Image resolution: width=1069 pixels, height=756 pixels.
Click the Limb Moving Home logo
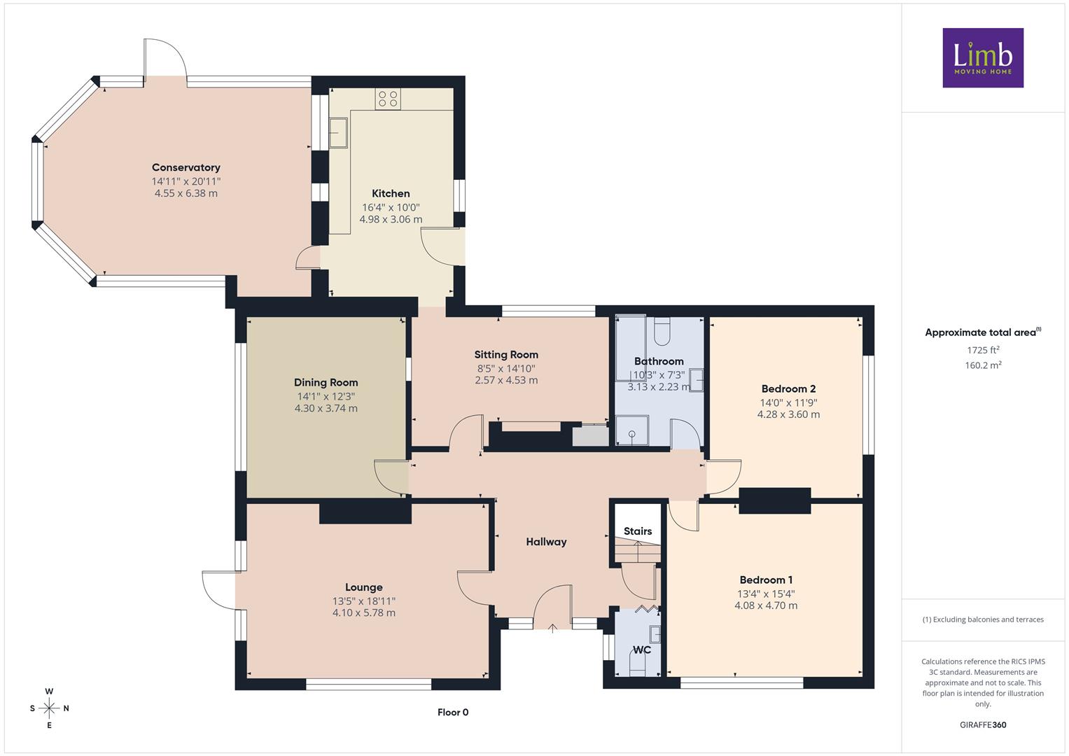pos(983,57)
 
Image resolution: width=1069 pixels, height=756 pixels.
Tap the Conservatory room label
pos(186,167)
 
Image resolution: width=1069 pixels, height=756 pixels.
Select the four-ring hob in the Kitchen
pos(388,99)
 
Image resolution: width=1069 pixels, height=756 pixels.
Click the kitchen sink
pos(338,132)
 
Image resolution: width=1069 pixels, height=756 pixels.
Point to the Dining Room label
pos(326,382)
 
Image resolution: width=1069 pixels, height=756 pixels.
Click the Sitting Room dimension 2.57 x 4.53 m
pos(506,380)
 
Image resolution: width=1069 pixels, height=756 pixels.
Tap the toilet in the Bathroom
pos(662,330)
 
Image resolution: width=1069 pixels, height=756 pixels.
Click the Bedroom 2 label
pos(789,388)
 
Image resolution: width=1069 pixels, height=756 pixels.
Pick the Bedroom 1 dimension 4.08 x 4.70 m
pos(766,605)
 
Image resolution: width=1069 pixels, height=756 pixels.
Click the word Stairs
pos(638,531)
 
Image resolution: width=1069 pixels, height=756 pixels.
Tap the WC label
pos(641,650)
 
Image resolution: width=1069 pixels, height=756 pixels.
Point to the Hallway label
pos(547,542)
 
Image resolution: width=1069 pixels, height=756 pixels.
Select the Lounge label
pos(364,587)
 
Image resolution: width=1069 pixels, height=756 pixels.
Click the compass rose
pos(49,708)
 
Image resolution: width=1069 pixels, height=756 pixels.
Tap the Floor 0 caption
pos(453,712)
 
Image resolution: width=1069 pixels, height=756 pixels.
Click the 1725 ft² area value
pos(983,350)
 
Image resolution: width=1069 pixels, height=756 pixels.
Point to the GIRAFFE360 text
pos(983,725)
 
